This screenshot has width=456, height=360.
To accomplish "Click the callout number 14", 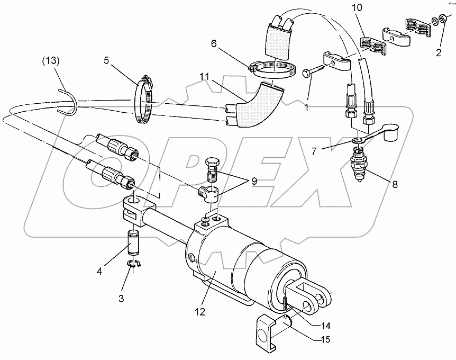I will click(x=323, y=325).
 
